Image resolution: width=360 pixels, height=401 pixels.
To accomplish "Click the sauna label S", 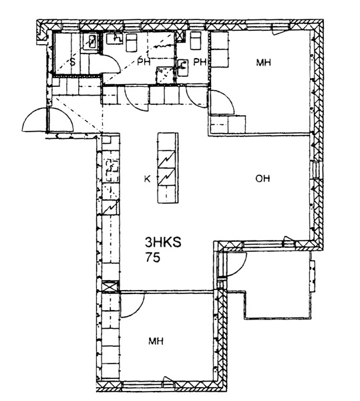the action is (x=73, y=62).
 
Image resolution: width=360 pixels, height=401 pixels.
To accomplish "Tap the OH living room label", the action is (x=262, y=178).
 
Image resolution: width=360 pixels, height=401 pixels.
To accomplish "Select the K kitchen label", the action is (x=147, y=179).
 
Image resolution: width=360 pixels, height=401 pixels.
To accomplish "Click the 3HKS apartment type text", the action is (x=163, y=242).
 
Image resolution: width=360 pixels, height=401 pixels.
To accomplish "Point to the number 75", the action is (x=153, y=257).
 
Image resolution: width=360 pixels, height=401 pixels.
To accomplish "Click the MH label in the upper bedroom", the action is (x=263, y=62).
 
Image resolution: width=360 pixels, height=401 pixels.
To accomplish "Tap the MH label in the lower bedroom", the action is (x=156, y=341).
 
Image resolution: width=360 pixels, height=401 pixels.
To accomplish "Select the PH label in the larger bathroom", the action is (x=144, y=62).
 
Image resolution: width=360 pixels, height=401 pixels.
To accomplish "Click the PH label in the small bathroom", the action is (x=200, y=62).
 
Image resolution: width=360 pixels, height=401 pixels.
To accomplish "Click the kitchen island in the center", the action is (x=168, y=168).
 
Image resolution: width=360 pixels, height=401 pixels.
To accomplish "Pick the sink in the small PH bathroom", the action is (x=182, y=68).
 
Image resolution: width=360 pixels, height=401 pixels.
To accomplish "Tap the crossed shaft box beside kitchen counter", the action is (x=110, y=286).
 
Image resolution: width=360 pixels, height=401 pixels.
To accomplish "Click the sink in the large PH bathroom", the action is (x=115, y=39).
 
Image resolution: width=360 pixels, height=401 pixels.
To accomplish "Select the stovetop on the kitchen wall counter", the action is (x=112, y=170).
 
